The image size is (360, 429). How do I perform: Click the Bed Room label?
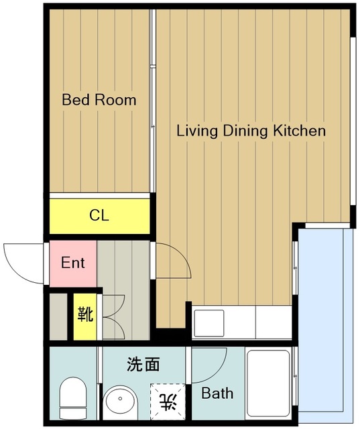99,100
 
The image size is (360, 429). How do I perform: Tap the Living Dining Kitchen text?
251,131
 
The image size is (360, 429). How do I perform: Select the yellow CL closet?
100,216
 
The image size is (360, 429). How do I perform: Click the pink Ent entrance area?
73,263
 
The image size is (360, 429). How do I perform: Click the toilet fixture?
73,398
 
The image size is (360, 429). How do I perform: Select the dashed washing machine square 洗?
168,402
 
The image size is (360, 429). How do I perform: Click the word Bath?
217,393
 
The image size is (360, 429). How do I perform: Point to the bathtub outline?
268,383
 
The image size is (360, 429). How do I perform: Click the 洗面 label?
143,365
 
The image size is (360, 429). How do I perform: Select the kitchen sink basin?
208,323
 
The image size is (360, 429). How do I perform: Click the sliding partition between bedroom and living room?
153,101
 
